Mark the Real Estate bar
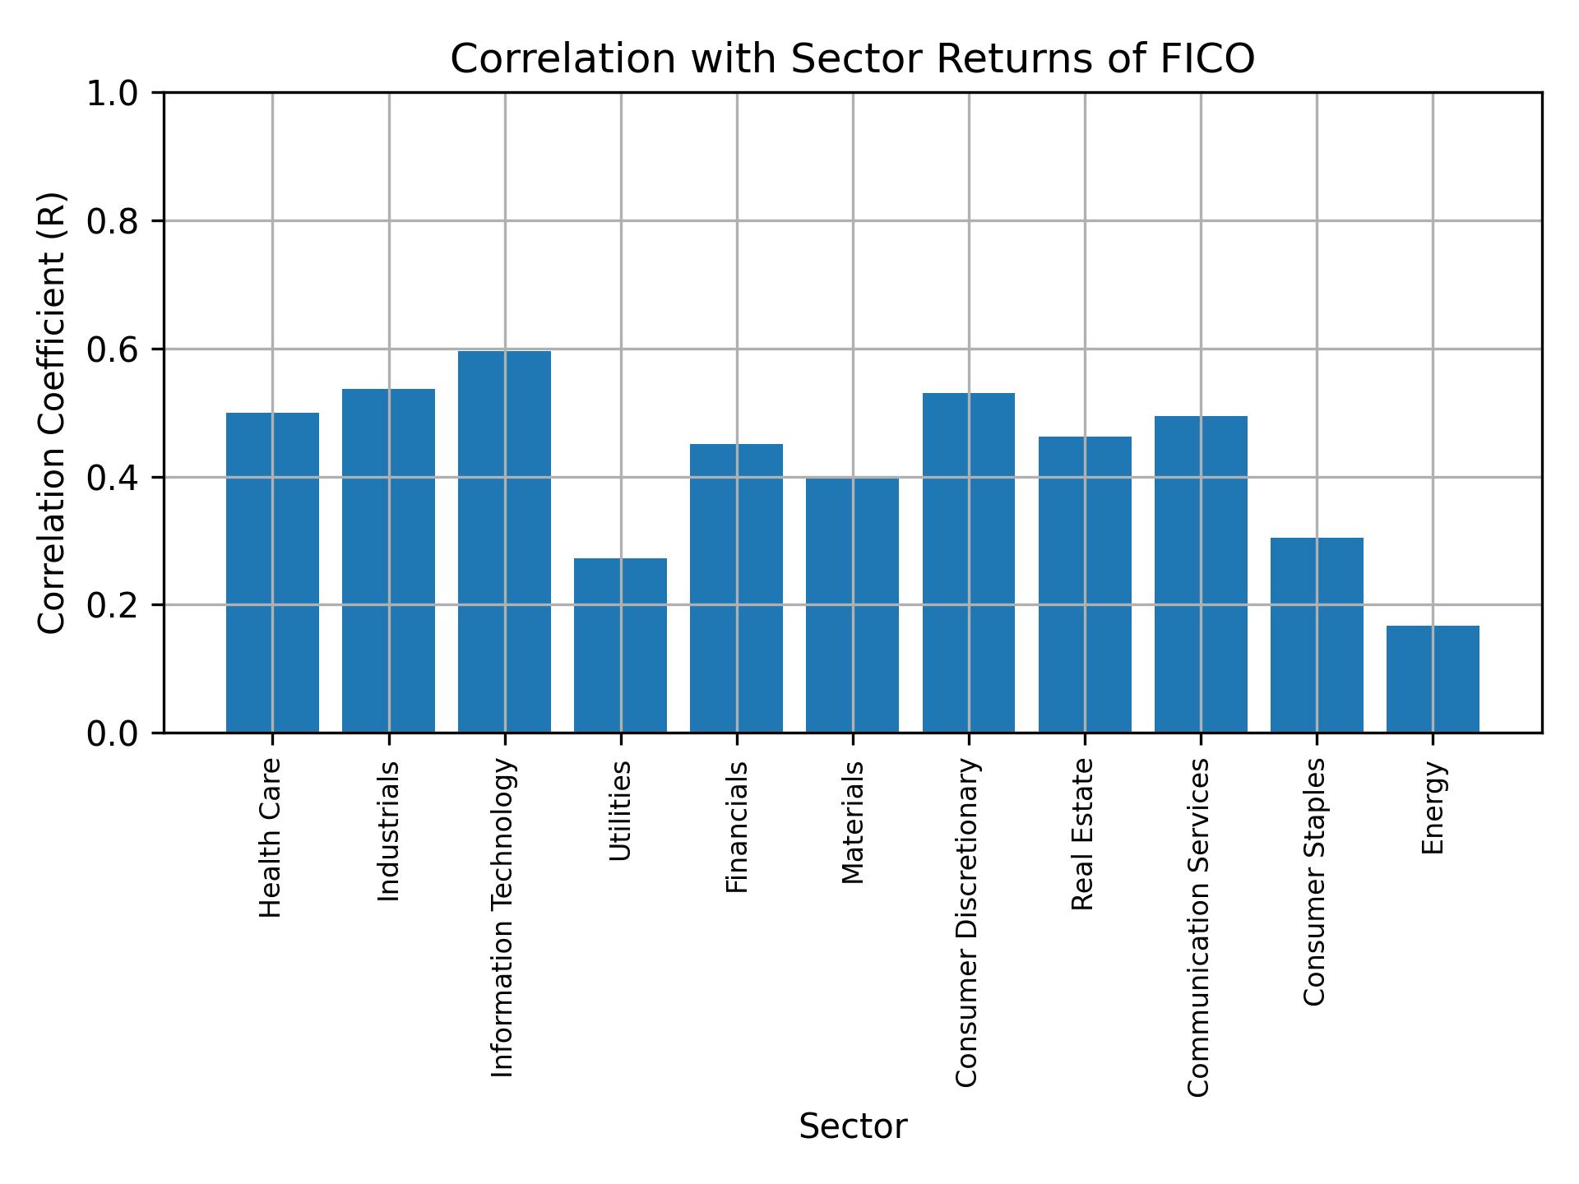coord(1085,584)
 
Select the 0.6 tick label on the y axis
coord(113,349)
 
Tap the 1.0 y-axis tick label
coord(113,94)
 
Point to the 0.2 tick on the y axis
coord(113,605)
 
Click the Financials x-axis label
coord(737,826)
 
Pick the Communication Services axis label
coord(1200,927)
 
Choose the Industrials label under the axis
coord(388,830)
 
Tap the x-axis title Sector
coord(853,1127)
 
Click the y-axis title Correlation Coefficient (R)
coord(52,413)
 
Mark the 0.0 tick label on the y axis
coord(113,733)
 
